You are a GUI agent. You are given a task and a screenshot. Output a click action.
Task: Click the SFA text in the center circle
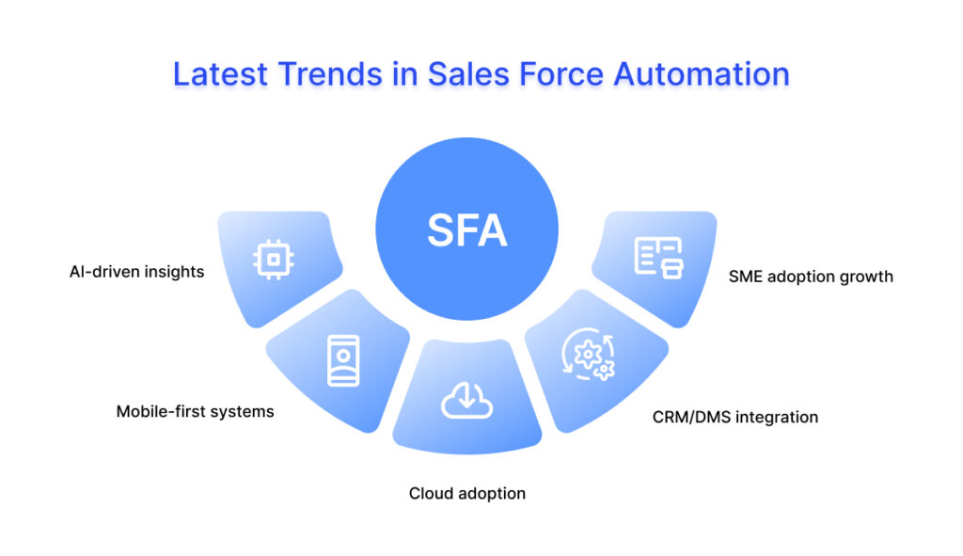(x=467, y=230)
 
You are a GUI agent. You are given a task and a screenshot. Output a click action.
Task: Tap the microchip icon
(x=274, y=260)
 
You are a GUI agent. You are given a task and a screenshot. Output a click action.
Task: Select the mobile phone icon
(x=343, y=360)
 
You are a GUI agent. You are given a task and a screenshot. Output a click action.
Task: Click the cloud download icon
(x=466, y=400)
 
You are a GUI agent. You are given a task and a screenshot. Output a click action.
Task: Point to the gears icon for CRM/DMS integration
(x=589, y=355)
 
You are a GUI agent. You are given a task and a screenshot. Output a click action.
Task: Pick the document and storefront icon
(x=658, y=258)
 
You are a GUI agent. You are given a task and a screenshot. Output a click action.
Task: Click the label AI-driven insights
(x=136, y=272)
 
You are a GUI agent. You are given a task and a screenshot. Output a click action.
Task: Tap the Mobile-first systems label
(x=196, y=411)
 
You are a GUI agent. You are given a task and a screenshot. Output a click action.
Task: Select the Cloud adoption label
(x=467, y=493)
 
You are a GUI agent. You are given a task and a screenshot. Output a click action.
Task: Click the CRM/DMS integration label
(x=735, y=417)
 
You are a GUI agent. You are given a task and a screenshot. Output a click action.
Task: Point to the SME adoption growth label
(x=811, y=277)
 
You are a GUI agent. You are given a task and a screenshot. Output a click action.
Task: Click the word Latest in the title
(x=220, y=74)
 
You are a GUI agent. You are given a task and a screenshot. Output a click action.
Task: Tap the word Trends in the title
(x=330, y=74)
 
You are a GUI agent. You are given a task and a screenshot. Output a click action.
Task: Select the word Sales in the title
(x=468, y=74)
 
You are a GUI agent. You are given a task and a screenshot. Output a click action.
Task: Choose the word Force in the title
(x=562, y=74)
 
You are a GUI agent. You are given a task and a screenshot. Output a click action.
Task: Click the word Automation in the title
(x=702, y=74)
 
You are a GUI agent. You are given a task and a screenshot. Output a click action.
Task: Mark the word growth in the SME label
(x=866, y=278)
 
